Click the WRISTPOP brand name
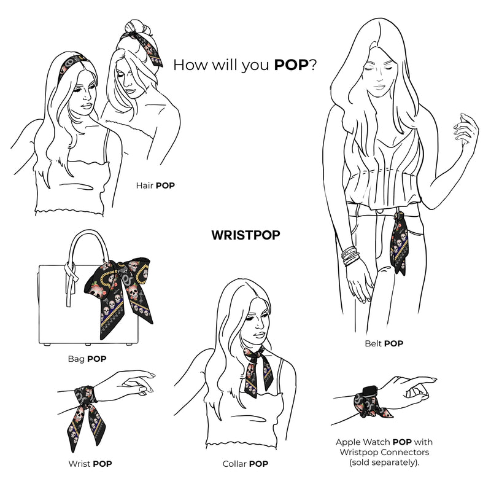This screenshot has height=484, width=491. [x=246, y=235]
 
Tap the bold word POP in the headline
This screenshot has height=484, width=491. [x=292, y=65]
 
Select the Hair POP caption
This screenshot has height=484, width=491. [x=155, y=185]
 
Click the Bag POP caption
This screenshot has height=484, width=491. [x=87, y=359]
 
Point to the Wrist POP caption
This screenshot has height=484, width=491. [x=90, y=464]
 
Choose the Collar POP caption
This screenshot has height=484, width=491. [x=245, y=464]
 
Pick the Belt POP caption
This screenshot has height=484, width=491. [x=384, y=343]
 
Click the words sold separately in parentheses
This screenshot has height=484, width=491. [x=384, y=463]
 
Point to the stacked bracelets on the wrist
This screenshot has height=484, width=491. [x=350, y=256]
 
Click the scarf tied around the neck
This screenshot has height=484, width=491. [x=257, y=370]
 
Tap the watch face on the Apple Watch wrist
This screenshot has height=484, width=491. [x=369, y=393]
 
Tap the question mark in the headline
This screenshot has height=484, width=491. [x=313, y=65]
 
